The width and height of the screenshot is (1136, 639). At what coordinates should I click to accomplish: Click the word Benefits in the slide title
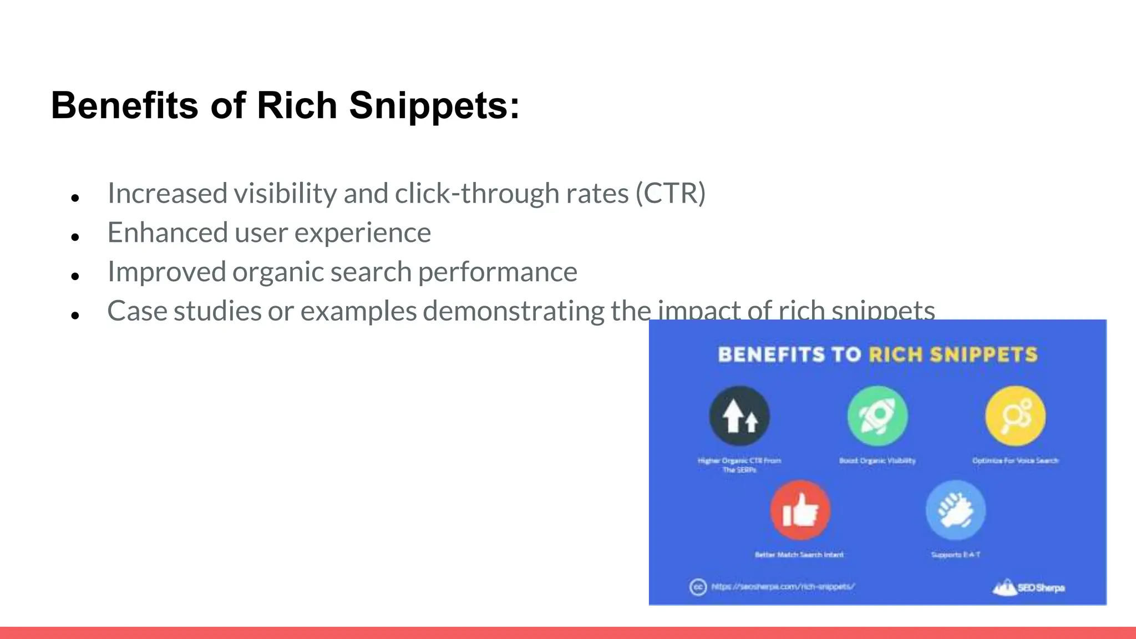pyautogui.click(x=124, y=105)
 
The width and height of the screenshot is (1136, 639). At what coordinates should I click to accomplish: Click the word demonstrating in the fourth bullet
pyautogui.click(x=513, y=311)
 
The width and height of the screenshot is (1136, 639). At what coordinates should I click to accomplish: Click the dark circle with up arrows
pyautogui.click(x=739, y=416)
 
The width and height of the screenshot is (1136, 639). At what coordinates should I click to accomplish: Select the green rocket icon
pyautogui.click(x=877, y=416)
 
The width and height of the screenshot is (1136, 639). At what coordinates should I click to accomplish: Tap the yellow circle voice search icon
pyautogui.click(x=1015, y=416)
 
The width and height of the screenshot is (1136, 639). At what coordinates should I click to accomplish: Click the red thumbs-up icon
pyautogui.click(x=800, y=510)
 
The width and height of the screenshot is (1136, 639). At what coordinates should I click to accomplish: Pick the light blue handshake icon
pyautogui.click(x=955, y=510)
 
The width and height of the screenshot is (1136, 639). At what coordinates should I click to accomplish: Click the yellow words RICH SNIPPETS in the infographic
pyautogui.click(x=953, y=354)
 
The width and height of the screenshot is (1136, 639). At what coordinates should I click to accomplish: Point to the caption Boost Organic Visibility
pyautogui.click(x=877, y=460)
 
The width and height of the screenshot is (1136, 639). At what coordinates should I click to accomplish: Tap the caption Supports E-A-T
pyautogui.click(x=955, y=555)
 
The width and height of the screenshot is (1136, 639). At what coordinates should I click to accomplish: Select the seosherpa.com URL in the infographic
pyautogui.click(x=783, y=586)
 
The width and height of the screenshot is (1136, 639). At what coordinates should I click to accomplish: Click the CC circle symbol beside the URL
pyautogui.click(x=698, y=587)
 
